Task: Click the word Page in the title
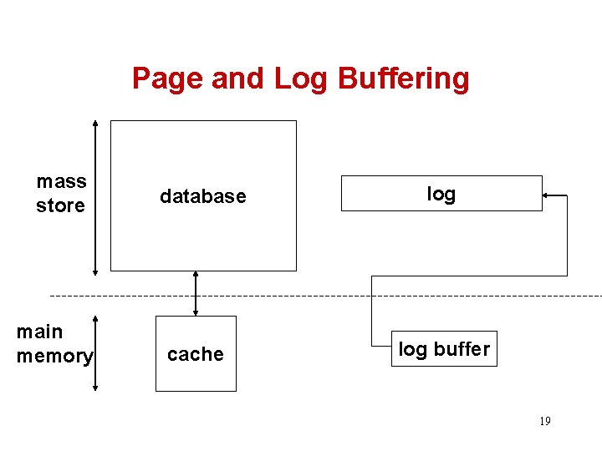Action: click(169, 79)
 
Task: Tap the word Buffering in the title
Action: click(403, 79)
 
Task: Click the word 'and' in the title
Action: click(242, 79)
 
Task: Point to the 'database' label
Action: click(203, 196)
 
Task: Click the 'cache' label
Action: click(196, 354)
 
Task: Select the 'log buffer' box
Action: click(444, 349)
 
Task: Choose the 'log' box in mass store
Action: click(441, 194)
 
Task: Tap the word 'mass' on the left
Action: click(61, 181)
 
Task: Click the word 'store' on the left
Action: click(60, 205)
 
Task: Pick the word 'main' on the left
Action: click(39, 332)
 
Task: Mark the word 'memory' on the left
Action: click(55, 356)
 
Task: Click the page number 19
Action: click(544, 421)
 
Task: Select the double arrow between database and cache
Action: click(196, 293)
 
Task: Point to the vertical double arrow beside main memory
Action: click(95, 352)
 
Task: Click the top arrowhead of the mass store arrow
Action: click(95, 124)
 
